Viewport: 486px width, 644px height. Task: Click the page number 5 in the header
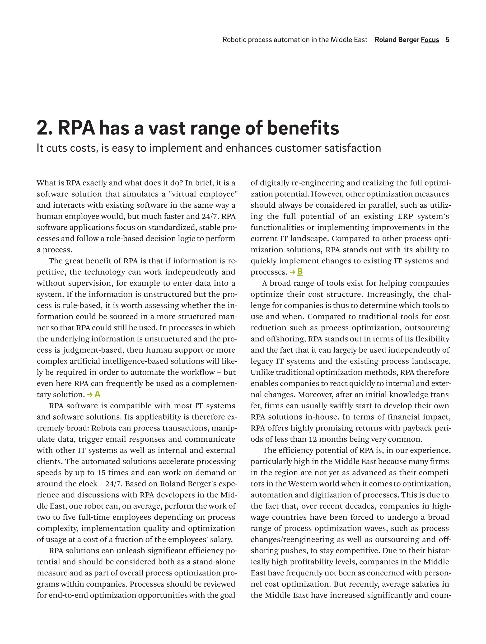[447, 40]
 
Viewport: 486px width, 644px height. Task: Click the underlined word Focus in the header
[430, 40]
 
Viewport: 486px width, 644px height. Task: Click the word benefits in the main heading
[303, 128]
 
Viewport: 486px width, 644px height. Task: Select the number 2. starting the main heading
[45, 128]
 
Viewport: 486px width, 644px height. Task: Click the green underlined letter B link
[300, 272]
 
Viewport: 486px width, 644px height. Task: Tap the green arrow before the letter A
[90, 395]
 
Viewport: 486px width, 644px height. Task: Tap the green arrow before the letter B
[292, 272]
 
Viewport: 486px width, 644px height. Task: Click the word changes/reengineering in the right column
[292, 540]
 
